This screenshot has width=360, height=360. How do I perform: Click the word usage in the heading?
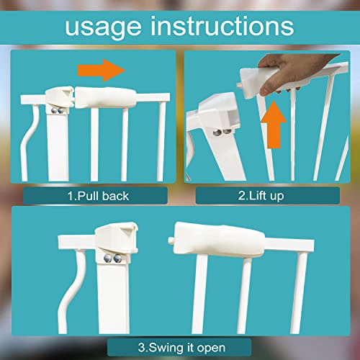(x=103, y=27)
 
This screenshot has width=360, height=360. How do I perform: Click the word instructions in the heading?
(x=222, y=26)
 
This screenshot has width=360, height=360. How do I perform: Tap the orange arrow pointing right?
(x=102, y=71)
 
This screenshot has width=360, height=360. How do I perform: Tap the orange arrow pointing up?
(x=274, y=125)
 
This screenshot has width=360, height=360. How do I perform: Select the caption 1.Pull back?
(x=98, y=196)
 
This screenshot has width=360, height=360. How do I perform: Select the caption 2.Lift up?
(x=261, y=196)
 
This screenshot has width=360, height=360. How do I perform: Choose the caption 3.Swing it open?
(x=181, y=348)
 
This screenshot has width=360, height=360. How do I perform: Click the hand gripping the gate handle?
(x=293, y=72)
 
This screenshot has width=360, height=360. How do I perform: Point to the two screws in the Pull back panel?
(x=57, y=111)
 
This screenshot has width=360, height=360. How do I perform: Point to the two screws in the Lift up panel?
(x=222, y=132)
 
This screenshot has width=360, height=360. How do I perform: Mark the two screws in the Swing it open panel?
(x=113, y=258)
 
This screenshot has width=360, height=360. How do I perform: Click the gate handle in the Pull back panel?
(x=106, y=97)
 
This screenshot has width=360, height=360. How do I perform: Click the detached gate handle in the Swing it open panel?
(x=218, y=238)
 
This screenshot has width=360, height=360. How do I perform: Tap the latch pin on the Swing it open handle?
(x=171, y=240)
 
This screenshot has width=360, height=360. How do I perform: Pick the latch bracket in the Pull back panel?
(x=60, y=97)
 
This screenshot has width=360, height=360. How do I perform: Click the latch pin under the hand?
(x=239, y=86)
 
